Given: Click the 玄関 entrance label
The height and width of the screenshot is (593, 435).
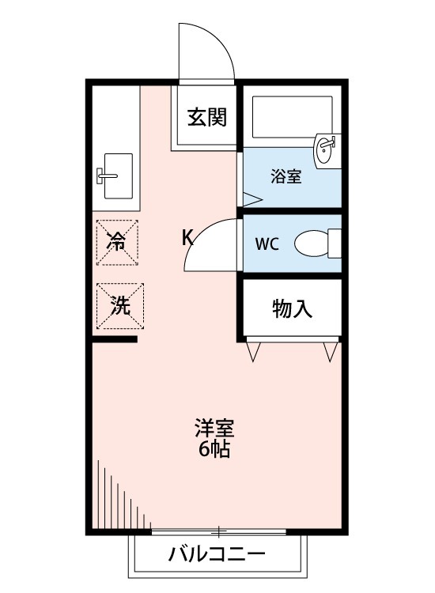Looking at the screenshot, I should (x=207, y=119).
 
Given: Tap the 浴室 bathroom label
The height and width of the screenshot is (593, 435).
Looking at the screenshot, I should (x=285, y=176).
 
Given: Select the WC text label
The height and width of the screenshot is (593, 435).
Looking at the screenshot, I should (x=267, y=244).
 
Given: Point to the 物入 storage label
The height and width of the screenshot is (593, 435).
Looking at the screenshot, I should (x=292, y=308).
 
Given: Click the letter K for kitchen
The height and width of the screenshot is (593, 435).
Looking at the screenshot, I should (x=188, y=237).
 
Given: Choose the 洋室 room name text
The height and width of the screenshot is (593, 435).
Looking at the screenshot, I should (x=214, y=430).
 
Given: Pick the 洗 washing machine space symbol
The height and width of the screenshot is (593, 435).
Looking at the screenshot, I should (x=119, y=305).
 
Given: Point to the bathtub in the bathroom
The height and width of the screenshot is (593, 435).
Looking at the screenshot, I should (x=291, y=117).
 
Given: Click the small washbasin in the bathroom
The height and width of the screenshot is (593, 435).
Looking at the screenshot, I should (x=326, y=149).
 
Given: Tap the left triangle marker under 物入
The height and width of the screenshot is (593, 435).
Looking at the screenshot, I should (x=254, y=351).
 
